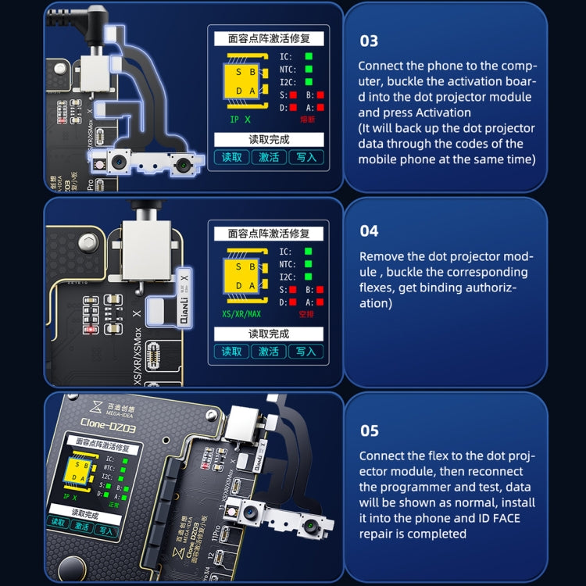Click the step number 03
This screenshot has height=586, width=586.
[x=369, y=41]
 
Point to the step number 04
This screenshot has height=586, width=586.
[x=369, y=230]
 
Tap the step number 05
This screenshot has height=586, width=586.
[x=369, y=431]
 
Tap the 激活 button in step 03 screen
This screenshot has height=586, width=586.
[x=269, y=156]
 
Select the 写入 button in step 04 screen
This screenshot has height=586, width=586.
[x=306, y=351]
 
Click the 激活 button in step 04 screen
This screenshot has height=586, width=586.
[x=269, y=351]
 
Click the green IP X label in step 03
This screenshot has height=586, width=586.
[x=240, y=120]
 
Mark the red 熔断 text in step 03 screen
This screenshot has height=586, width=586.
[x=306, y=120]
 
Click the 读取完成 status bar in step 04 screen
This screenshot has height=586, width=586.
[x=269, y=333]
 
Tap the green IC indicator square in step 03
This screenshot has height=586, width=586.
[x=309, y=56]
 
